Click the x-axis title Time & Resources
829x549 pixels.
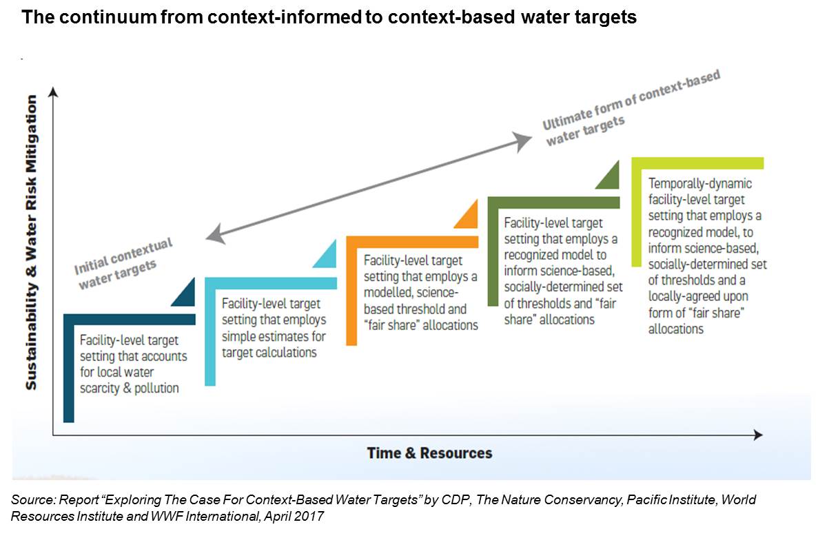(429, 453)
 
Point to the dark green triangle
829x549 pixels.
(609, 177)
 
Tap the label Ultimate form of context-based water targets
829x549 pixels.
(631, 108)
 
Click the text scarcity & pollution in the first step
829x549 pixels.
(129, 389)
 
